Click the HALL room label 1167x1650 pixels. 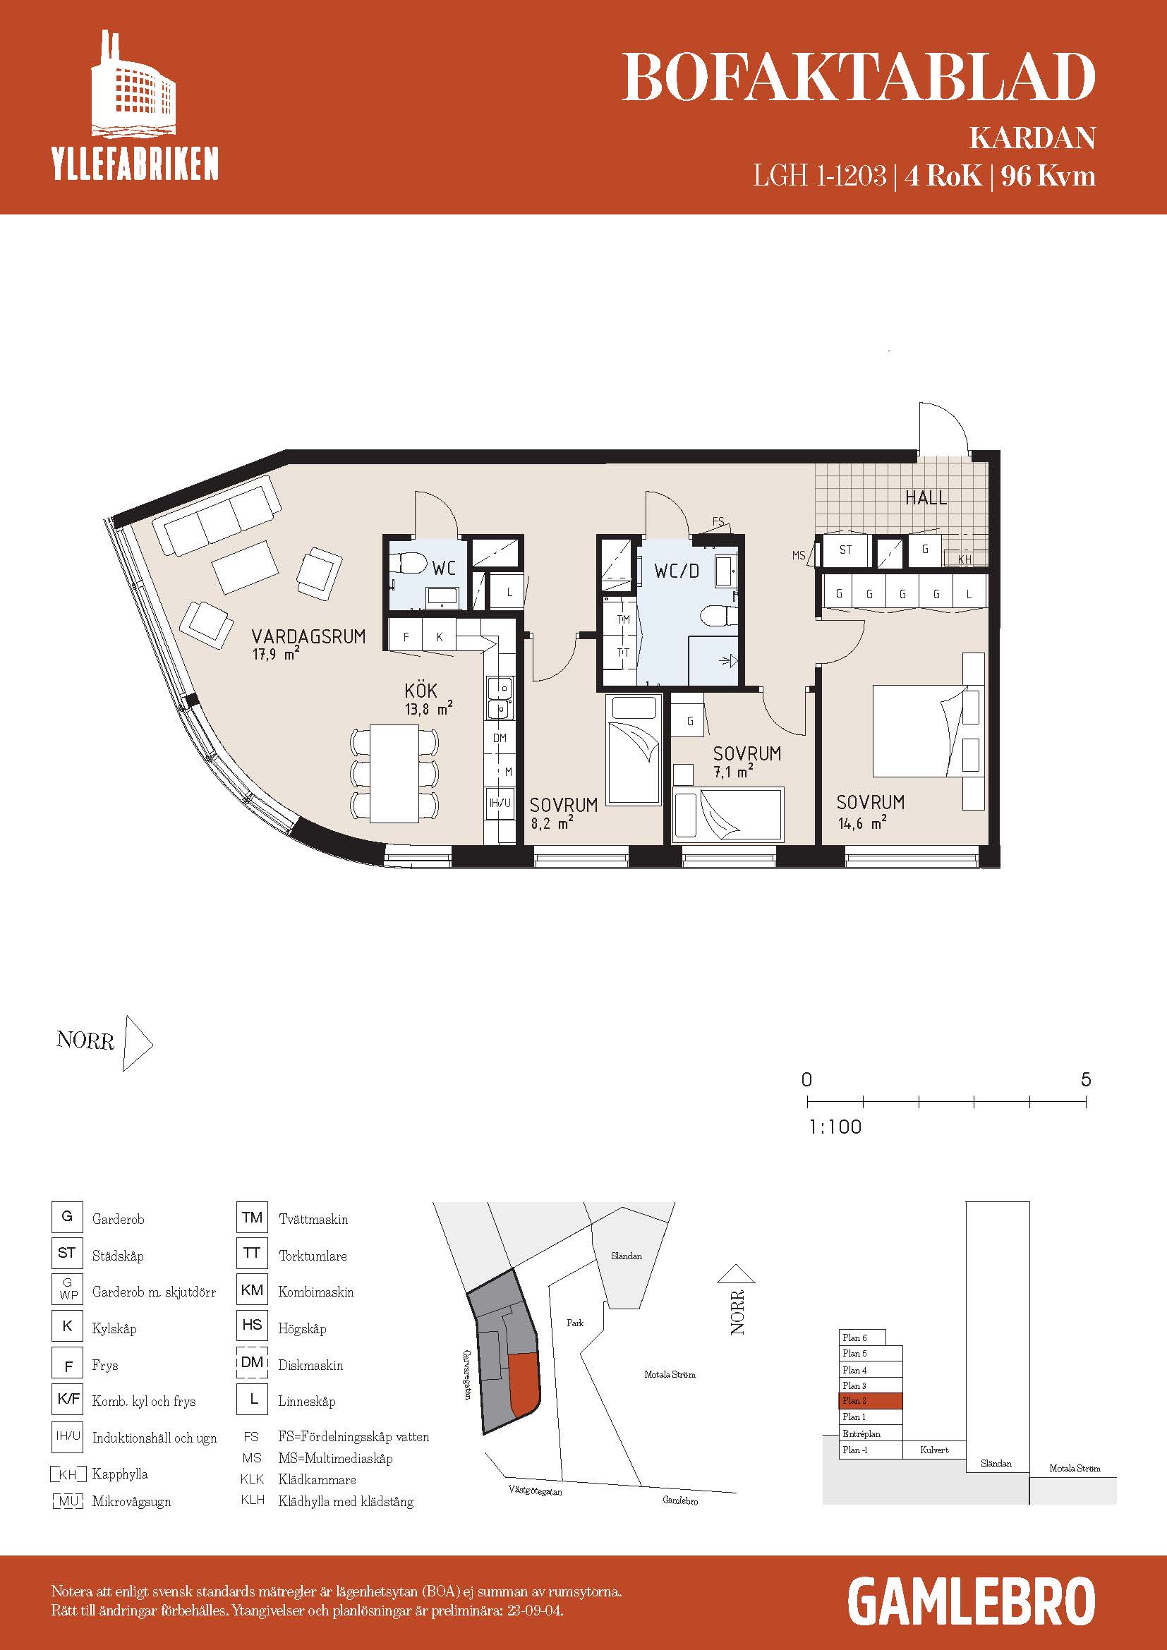click(926, 497)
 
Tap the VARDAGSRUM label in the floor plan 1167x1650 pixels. click(308, 636)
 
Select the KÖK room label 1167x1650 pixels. click(421, 690)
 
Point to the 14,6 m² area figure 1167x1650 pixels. click(862, 822)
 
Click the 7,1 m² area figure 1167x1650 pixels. click(734, 772)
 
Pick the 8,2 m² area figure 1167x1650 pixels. click(552, 823)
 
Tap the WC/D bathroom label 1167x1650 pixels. click(676, 571)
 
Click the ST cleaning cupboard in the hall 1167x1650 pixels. click(846, 550)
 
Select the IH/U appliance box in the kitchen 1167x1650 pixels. click(500, 803)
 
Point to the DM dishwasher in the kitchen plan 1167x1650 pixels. click(500, 738)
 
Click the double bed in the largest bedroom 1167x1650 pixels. click(926, 731)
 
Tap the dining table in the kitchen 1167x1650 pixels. click(394, 773)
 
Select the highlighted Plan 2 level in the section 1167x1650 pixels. click(870, 1401)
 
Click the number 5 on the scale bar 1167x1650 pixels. click(1085, 1079)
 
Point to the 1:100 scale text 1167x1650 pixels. click(835, 1127)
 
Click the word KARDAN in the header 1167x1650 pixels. click(1033, 138)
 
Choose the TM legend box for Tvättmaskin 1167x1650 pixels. click(251, 1218)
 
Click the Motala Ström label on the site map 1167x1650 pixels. click(670, 1374)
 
